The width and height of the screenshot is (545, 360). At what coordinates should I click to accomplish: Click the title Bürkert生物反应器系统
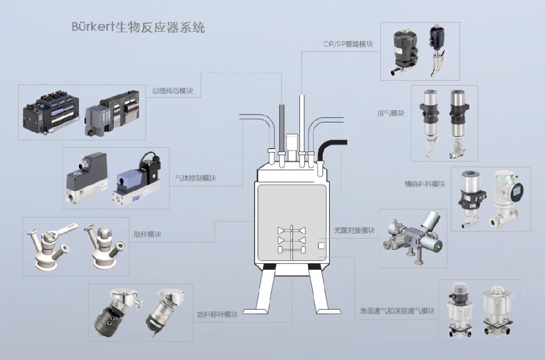(x=138, y=27)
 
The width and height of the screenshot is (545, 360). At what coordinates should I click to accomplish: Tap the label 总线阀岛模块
(x=172, y=91)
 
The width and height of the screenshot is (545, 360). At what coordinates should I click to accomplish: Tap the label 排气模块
(x=390, y=114)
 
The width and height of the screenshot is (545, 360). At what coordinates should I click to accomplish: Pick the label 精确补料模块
(x=425, y=184)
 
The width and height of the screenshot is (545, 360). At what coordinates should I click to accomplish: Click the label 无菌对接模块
(x=354, y=230)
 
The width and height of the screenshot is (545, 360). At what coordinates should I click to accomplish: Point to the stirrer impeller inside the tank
(x=291, y=239)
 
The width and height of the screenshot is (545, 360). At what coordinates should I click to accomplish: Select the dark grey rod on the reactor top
(x=282, y=128)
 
